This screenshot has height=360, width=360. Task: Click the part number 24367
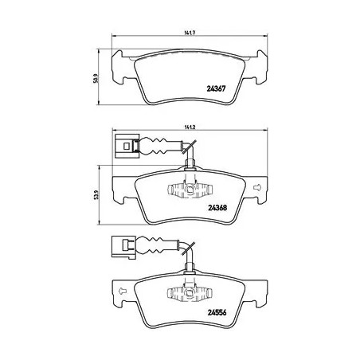(x=216, y=88)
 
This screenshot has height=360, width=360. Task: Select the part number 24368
(x=217, y=207)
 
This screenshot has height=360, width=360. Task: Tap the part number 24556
(x=217, y=312)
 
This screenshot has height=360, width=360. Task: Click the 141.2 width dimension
(x=190, y=127)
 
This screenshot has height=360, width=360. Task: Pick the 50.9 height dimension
(x=96, y=79)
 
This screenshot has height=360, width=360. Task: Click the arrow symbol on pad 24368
(x=257, y=187)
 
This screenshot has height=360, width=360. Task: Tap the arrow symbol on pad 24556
(x=122, y=291)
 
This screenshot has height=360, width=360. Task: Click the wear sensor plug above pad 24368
(x=127, y=147)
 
